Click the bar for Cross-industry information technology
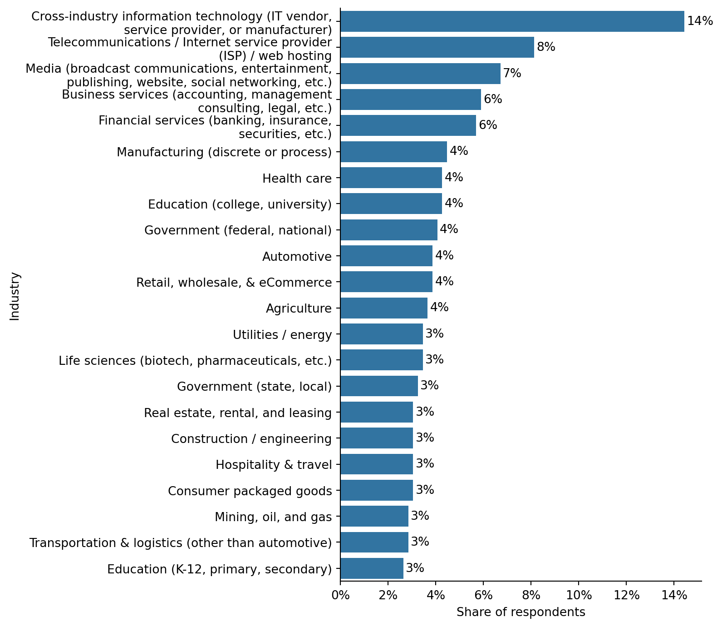512,21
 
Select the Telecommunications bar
437,47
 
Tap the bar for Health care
391,178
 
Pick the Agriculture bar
383,308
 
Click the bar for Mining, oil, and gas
374,516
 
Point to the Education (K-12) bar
372,568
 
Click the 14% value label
700,21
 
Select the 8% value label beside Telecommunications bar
546,47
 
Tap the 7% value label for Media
512,73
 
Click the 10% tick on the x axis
579,595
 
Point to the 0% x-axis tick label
340,595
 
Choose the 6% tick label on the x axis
483,595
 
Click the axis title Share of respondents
521,612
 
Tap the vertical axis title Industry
15,296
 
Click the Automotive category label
297,257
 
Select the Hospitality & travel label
274,465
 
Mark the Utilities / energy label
282,335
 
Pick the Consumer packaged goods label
250,491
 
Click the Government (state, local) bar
379,386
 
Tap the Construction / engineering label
251,439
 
